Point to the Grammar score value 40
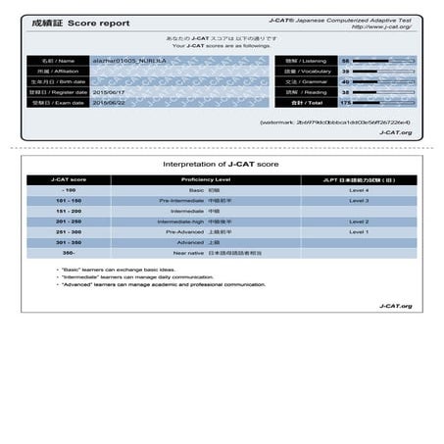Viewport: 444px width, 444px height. (x=345, y=82)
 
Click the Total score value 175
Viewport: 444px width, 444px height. (x=345, y=101)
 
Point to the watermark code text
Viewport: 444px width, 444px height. (x=348, y=122)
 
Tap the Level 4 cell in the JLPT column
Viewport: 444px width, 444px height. (x=359, y=190)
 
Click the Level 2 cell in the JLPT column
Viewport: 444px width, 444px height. (x=359, y=222)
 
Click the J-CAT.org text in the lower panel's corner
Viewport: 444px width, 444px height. (x=394, y=306)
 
